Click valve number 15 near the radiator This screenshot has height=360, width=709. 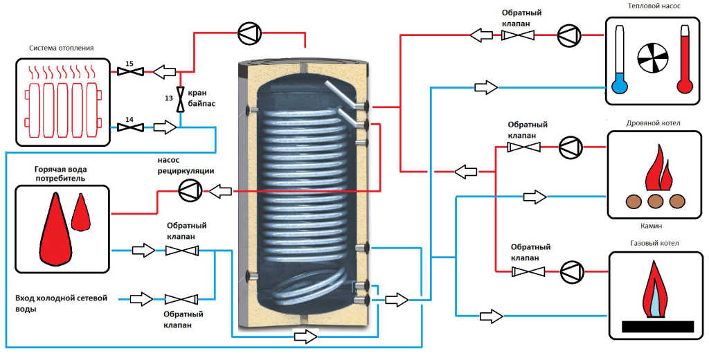click(x=130, y=71)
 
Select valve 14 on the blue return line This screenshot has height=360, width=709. click(x=130, y=127)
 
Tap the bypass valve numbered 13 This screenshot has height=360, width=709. click(x=181, y=99)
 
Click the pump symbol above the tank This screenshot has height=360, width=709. click(x=250, y=33)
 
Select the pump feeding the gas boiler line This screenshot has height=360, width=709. click(x=572, y=271)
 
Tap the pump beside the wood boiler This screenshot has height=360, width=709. click(x=571, y=147)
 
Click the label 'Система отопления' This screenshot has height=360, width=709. click(x=62, y=48)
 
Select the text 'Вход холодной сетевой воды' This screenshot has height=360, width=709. click(x=61, y=303)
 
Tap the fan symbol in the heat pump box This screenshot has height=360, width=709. click(x=652, y=59)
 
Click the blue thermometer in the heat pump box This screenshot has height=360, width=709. click(x=618, y=59)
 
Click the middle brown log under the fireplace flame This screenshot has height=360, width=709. click(x=655, y=201)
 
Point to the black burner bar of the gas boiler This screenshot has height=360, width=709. click(x=658, y=327)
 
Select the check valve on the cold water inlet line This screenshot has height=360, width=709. click(x=181, y=299)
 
